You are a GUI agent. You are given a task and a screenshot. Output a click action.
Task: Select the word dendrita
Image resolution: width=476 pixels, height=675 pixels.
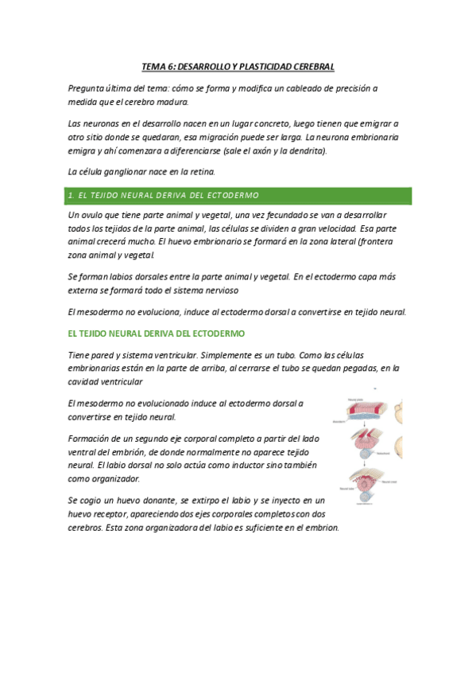(308, 150)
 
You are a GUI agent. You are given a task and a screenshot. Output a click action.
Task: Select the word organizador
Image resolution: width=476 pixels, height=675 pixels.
(117, 479)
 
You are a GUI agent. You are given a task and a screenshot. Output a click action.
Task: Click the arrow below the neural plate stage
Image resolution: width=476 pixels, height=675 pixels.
(365, 423)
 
